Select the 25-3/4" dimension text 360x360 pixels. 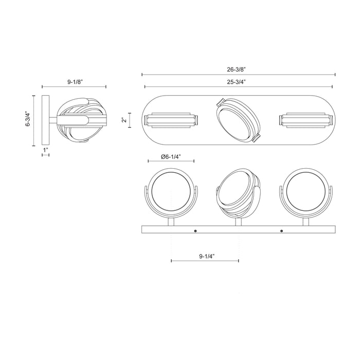[x=238, y=81]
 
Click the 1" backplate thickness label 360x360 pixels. [x=46, y=151]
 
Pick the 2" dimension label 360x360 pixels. [x=123, y=121]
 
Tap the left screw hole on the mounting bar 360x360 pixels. [x=195, y=231]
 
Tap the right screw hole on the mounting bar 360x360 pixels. [x=282, y=231]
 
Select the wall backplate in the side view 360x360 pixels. [x=46, y=121]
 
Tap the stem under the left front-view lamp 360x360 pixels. [x=171, y=222]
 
